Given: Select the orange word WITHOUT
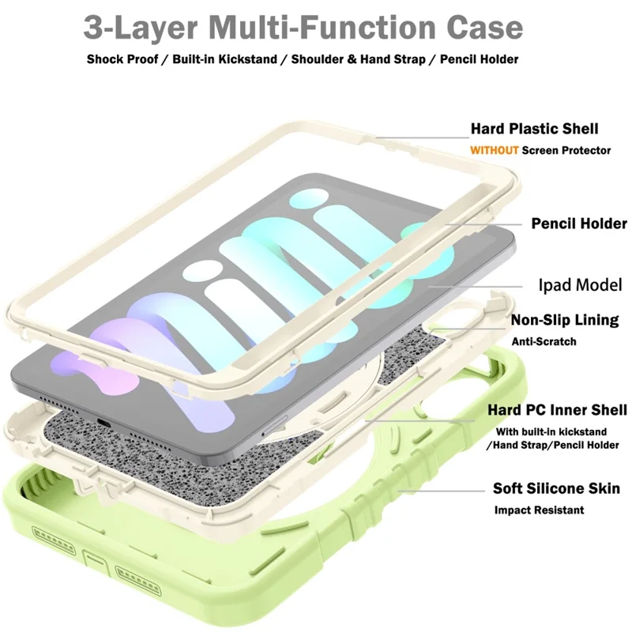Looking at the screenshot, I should click(x=495, y=150).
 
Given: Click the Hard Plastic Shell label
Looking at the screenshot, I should click(x=534, y=129).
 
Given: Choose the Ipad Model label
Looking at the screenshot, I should click(x=579, y=284).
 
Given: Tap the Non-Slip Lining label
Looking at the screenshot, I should click(x=564, y=320).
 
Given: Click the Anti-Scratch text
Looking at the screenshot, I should click(x=544, y=341).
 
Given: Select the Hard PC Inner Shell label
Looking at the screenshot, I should click(x=557, y=409).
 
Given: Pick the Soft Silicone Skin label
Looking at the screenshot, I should click(x=556, y=488).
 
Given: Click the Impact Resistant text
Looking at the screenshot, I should click(x=539, y=510).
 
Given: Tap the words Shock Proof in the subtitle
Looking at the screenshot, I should click(x=122, y=59).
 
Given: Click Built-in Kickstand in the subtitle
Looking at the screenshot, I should click(x=228, y=59).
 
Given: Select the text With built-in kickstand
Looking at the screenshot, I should click(x=551, y=432).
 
